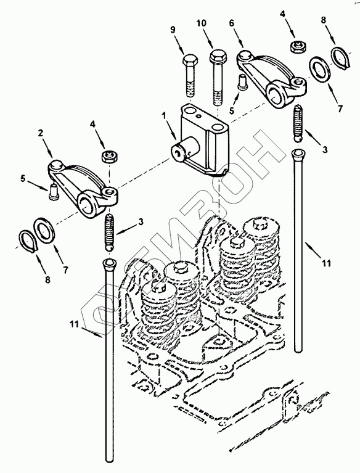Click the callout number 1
pyautogui.click(x=164, y=115)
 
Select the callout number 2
pyautogui.click(x=41, y=133)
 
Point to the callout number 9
pyautogui.click(x=173, y=30)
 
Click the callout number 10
pyautogui.click(x=202, y=23)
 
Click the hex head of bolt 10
pyautogui.click(x=217, y=56)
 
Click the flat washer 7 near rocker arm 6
pyautogui.click(x=321, y=70)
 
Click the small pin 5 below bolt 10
pyautogui.click(x=242, y=82)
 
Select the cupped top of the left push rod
pyautogui.click(x=109, y=264)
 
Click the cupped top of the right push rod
pyautogui.click(x=298, y=155)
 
